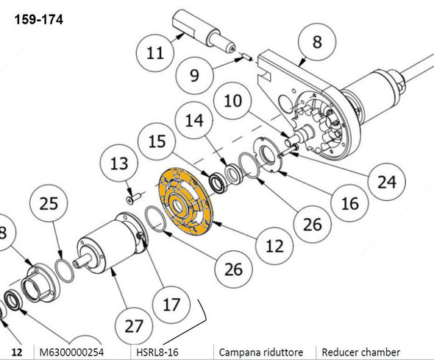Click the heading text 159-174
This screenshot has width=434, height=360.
(x=38, y=21)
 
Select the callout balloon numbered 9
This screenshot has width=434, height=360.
(x=195, y=74)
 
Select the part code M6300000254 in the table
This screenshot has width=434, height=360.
(x=72, y=352)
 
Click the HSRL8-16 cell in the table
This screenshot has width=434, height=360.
(x=157, y=352)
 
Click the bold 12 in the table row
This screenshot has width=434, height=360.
(x=18, y=352)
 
